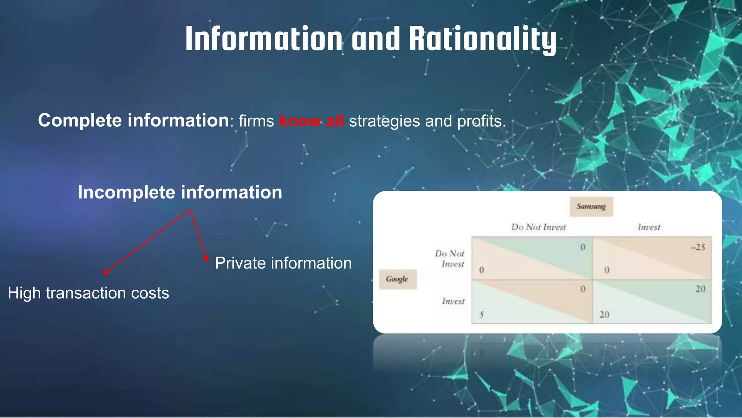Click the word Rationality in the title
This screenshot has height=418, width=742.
point(483,39)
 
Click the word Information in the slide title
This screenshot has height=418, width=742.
point(264,39)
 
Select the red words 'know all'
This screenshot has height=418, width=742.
point(312,121)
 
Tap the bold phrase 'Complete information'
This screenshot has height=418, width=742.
point(133,120)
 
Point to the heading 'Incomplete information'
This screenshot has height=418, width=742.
point(180,192)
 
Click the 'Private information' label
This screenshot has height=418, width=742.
point(283,263)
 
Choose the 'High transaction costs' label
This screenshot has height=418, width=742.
point(88,293)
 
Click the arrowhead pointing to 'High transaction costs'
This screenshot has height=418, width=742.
point(105,272)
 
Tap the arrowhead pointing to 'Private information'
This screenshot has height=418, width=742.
point(206,258)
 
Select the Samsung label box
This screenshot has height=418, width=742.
point(591,206)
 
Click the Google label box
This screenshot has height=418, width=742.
point(397,279)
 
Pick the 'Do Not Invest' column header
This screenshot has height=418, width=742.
point(538,227)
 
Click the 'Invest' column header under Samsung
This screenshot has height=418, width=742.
point(649,227)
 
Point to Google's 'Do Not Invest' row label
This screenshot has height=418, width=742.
point(450,259)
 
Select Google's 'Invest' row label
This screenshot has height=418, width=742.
point(453,301)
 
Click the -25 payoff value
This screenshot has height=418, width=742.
point(698,247)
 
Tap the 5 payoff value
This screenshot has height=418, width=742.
point(482,315)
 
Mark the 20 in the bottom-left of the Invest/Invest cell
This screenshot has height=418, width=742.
point(604,315)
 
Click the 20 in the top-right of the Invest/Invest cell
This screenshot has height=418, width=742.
point(700,289)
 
